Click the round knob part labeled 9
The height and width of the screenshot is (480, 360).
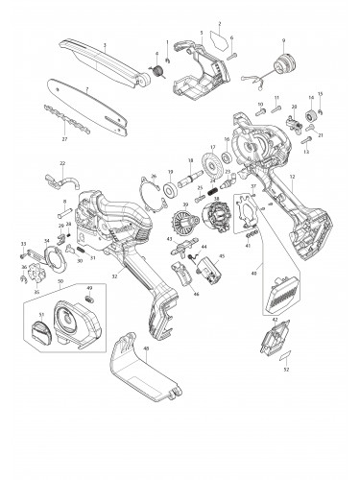[283, 66]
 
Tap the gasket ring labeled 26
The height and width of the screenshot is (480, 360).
[148, 191]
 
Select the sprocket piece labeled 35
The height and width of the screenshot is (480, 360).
[36, 273]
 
